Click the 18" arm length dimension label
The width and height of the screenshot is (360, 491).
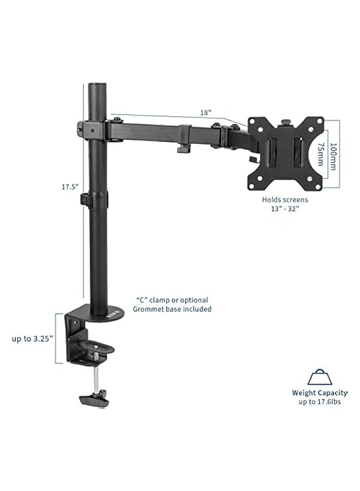click(x=205, y=113)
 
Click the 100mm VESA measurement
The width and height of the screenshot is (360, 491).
click(x=334, y=151)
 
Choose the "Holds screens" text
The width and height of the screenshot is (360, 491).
click(x=285, y=200)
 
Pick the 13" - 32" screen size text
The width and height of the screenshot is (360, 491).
click(x=284, y=209)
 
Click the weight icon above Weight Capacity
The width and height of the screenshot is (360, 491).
click(x=319, y=379)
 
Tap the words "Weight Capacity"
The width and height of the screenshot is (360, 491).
click(x=319, y=393)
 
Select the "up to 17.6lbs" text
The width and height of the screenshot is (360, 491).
click(x=319, y=402)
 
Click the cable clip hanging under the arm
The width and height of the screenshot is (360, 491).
click(x=182, y=148)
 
